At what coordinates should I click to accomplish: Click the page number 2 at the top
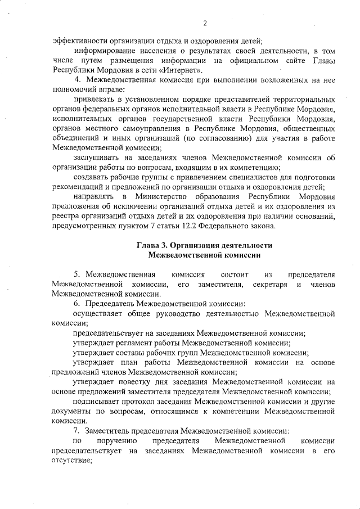pyautogui.click(x=205, y=23)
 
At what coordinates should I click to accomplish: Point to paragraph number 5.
pyautogui.click(x=77, y=274)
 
